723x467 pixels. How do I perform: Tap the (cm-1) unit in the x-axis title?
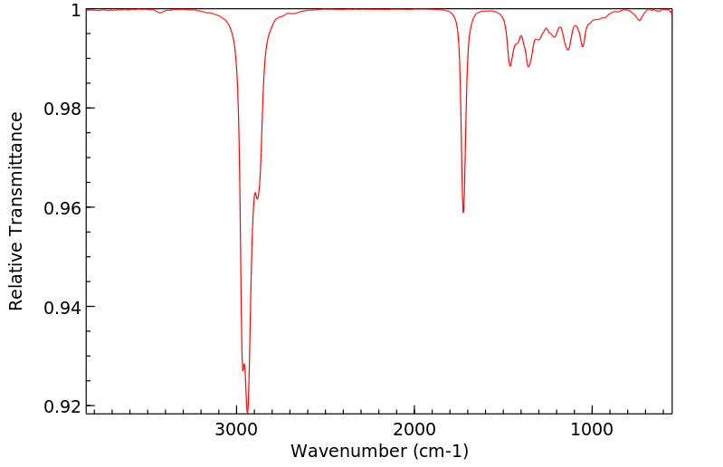(x=439, y=451)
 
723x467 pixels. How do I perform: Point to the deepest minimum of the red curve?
(x=247, y=412)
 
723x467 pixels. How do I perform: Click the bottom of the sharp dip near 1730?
(x=463, y=212)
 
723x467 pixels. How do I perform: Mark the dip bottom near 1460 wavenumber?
(x=510, y=66)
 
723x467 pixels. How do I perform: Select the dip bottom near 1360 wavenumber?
(x=528, y=67)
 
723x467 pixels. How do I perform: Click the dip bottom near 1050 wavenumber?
(x=583, y=47)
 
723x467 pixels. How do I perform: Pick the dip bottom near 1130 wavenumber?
(x=568, y=50)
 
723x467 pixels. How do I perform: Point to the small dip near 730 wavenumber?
(x=640, y=21)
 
